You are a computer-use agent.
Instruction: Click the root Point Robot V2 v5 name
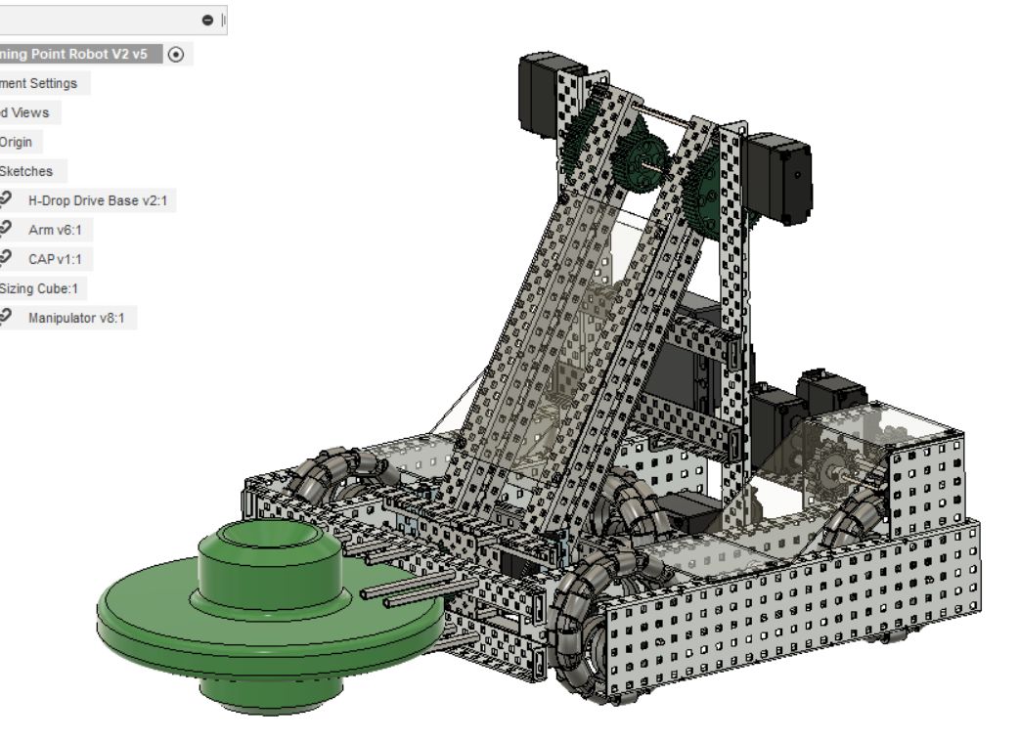coord(73,54)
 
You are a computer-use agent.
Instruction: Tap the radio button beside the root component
coord(175,55)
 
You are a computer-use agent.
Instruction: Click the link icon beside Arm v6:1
coord(7,230)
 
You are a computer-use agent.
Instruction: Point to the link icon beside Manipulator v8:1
coord(7,318)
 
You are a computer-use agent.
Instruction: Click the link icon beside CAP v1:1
coord(7,259)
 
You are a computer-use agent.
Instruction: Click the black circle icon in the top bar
coord(207,21)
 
